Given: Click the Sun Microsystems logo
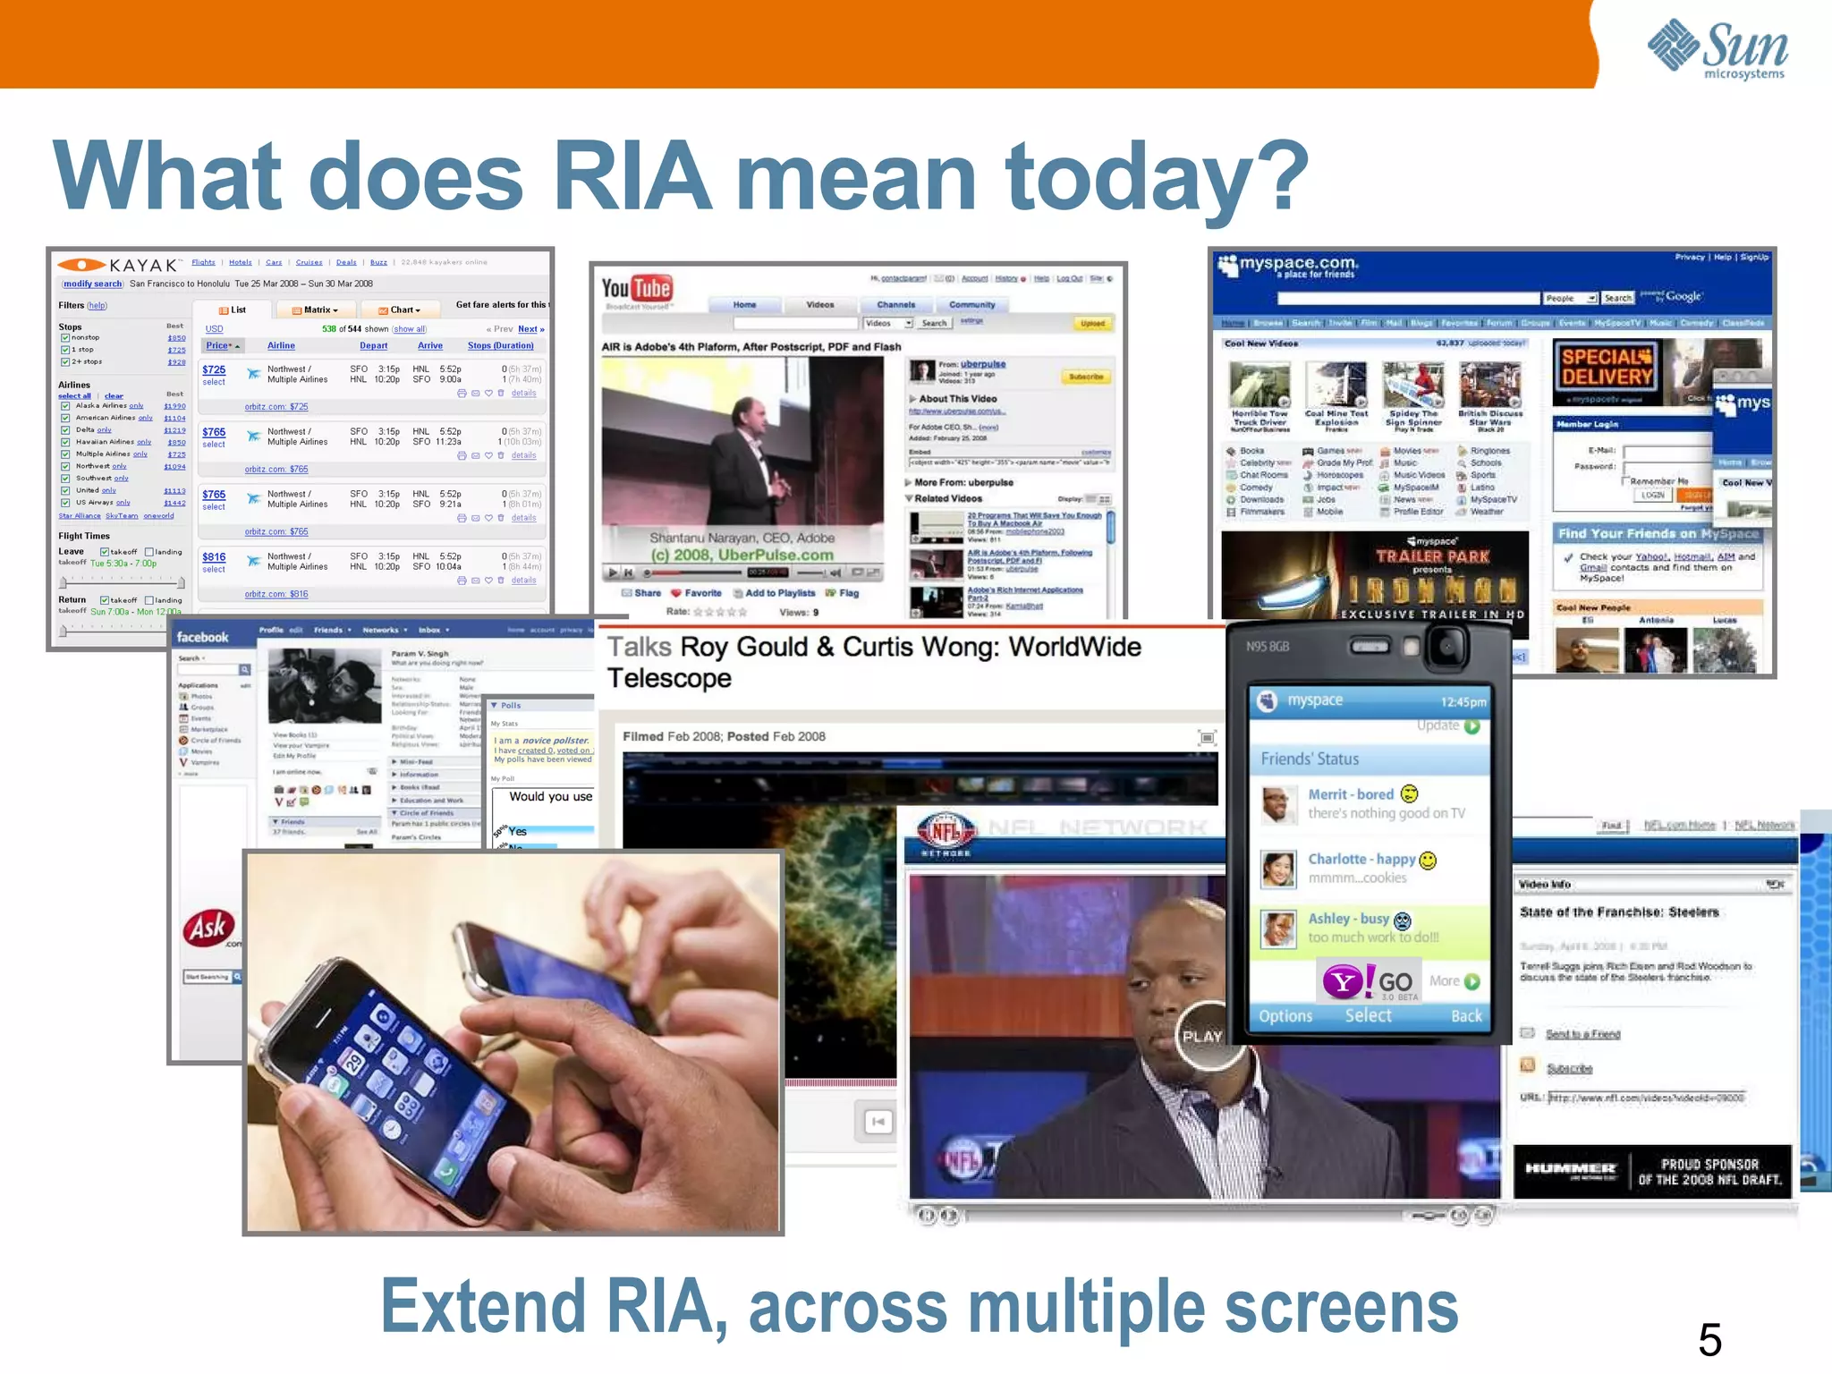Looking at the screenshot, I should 1717,49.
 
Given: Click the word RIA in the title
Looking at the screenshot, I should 632,176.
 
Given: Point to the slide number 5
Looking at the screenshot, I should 1709,1339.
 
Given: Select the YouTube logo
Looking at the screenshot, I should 636,289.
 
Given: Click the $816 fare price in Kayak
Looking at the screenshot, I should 214,556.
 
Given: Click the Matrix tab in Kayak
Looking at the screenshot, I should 316,310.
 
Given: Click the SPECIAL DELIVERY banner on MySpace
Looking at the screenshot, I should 1607,368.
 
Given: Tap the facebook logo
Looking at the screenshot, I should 203,637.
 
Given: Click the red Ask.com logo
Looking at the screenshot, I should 209,928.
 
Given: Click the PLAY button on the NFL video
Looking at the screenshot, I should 1201,1036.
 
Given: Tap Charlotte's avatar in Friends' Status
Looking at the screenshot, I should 1277,868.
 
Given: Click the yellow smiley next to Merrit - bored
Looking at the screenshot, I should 1409,793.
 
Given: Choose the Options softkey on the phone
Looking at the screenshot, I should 1285,1016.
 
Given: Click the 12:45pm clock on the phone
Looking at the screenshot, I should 1463,702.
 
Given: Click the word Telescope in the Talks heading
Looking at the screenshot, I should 669,678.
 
